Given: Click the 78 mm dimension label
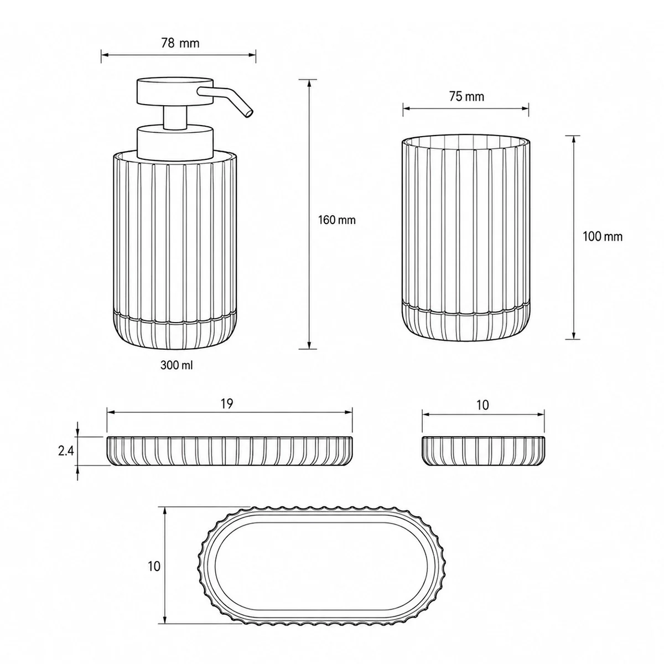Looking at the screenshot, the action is (180, 43).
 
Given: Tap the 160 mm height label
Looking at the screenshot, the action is (336, 220).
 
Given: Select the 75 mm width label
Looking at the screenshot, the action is (466, 97).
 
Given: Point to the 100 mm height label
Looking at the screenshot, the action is (603, 237).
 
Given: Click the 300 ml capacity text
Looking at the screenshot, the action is (177, 365).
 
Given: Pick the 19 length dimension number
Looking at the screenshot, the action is (227, 403).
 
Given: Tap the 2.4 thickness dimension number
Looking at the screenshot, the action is (66, 451).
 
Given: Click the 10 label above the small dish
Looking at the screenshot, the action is (483, 405).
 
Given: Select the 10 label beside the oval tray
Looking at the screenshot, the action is (154, 566).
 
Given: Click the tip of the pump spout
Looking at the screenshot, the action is (250, 114).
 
